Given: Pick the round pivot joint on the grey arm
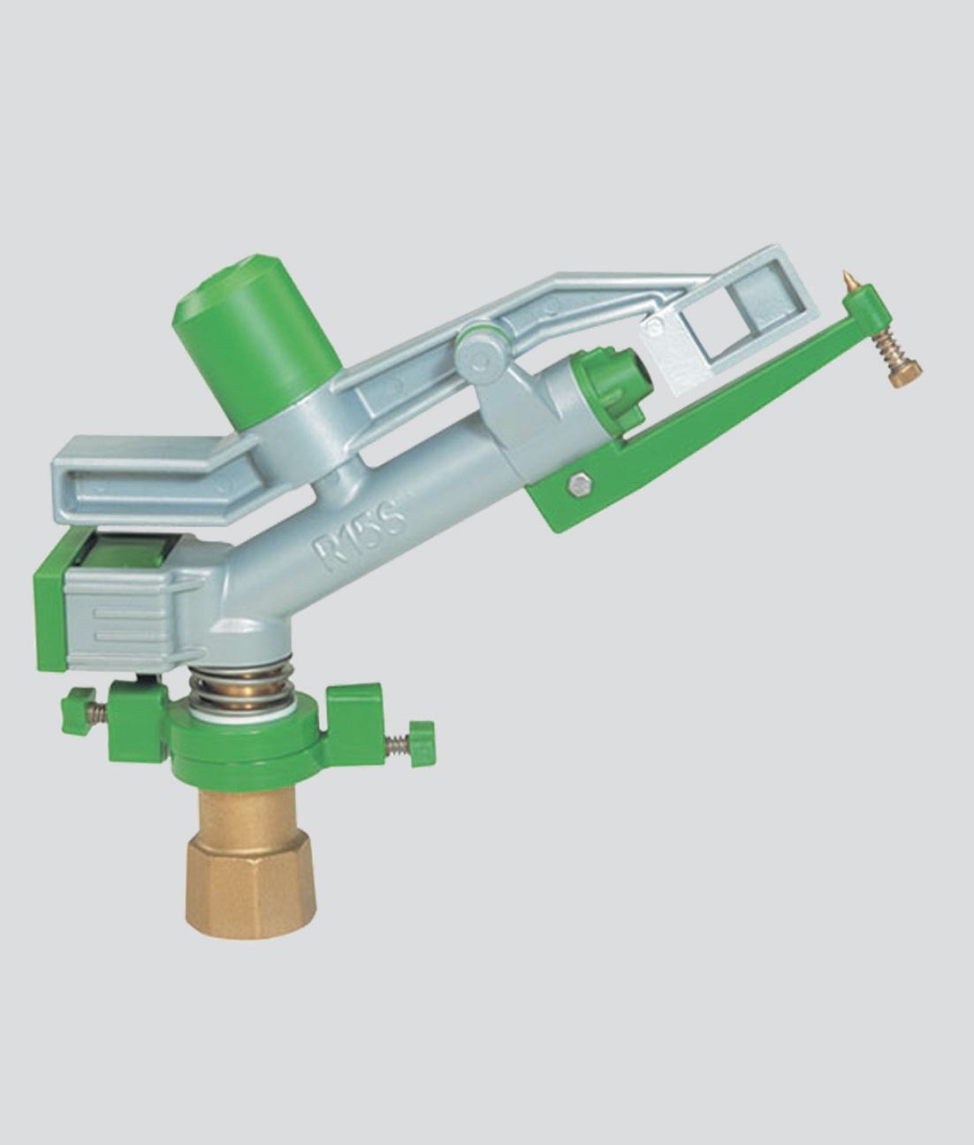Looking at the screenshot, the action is coord(483,355).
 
